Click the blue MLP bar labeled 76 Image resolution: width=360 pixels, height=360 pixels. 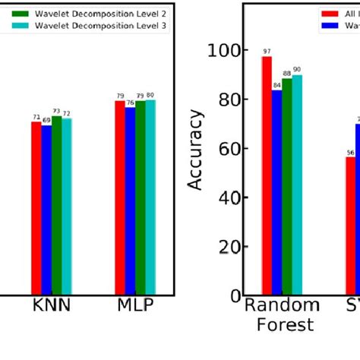click(130, 201)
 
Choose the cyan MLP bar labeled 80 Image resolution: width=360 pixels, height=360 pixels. click(150, 197)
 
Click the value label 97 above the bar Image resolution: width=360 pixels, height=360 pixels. click(267, 52)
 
